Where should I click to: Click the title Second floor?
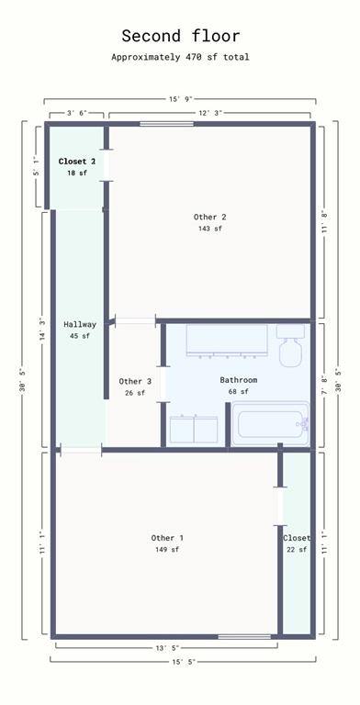coord(180,36)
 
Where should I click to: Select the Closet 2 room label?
coord(77,162)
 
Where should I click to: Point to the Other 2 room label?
coord(210,218)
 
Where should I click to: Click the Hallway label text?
coord(80,324)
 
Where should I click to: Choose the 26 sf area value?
coord(135,393)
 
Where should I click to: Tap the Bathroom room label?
coord(239,380)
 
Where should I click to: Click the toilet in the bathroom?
coord(291,345)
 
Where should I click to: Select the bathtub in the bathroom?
coord(271,424)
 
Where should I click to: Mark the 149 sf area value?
coord(167,550)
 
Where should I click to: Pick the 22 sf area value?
coord(297,550)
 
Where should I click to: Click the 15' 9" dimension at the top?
coord(181,99)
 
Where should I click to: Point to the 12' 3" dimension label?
coord(209,113)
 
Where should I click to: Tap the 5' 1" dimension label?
coord(39,166)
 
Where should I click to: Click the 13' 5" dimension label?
coord(167,648)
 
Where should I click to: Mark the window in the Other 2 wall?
coord(166,124)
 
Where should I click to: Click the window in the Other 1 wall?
coord(244,637)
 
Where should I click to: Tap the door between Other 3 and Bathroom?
coord(163,384)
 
